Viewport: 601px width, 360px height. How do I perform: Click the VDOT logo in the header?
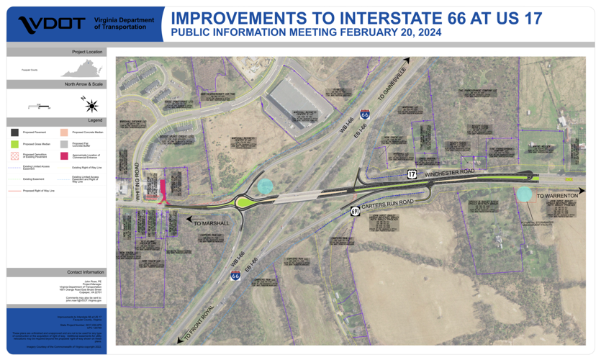click(52, 24)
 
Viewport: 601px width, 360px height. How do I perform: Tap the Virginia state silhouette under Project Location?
click(81, 70)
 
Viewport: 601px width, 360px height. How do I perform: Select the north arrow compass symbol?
click(91, 105)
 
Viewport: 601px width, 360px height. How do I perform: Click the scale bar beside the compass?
click(40, 107)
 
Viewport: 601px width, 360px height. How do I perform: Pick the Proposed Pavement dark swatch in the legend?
click(14, 132)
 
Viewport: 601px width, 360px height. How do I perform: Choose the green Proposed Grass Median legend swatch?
click(14, 144)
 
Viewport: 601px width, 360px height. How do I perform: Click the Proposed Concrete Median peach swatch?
click(64, 132)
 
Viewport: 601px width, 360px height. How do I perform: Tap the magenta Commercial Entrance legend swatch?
click(64, 156)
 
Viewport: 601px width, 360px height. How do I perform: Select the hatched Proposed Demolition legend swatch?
click(14, 156)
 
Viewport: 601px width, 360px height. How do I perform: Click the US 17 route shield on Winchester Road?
click(412, 174)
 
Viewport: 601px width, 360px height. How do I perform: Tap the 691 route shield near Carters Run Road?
click(356, 211)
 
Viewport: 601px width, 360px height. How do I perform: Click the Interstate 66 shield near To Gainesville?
click(365, 114)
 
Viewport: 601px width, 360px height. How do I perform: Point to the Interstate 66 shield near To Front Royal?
click(235, 275)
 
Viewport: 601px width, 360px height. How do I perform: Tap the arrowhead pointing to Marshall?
click(189, 220)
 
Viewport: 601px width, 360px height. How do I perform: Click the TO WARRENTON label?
click(556, 196)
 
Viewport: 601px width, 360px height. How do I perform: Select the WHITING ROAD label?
click(136, 181)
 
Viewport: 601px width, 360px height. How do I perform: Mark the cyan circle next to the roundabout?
click(265, 186)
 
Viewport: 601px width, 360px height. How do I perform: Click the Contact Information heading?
click(86, 272)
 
